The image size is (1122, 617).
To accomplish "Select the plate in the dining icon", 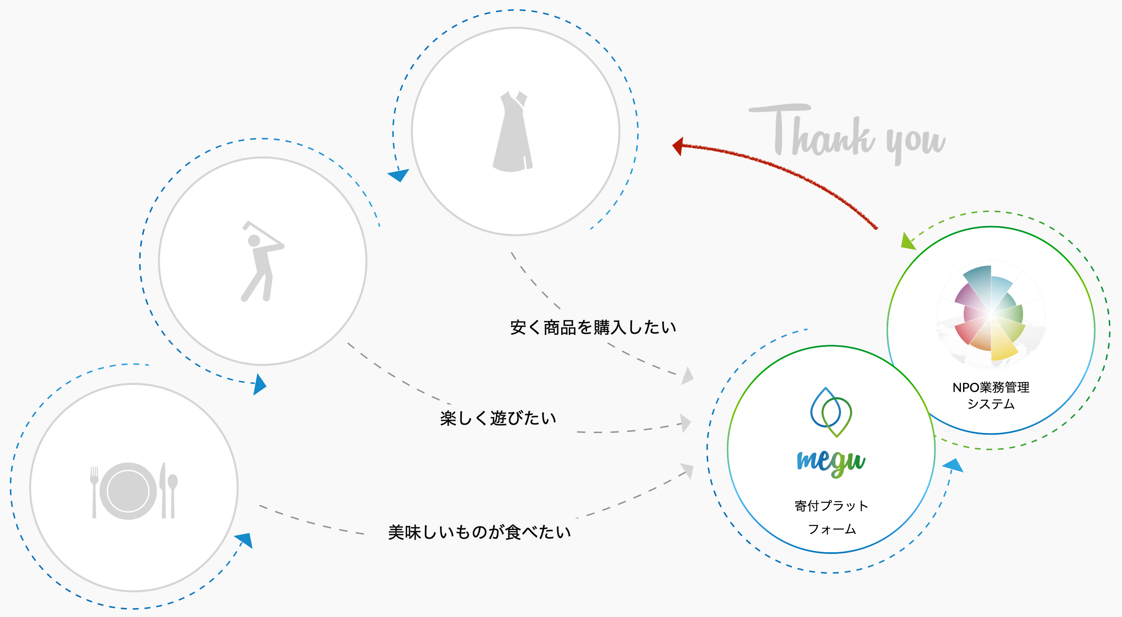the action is [128, 491].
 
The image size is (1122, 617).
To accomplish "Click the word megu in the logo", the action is [831, 462].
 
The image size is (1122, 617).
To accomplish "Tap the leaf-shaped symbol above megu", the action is [831, 412].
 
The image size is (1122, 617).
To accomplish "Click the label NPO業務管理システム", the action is [991, 395].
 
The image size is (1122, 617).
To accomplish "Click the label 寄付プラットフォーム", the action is [831, 517].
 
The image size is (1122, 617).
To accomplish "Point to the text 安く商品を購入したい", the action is [593, 327].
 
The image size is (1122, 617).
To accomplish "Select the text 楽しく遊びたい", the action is [498, 418].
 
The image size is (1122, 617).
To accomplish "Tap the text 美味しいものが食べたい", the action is [479, 532].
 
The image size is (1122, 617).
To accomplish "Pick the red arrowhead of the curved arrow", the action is [678, 146].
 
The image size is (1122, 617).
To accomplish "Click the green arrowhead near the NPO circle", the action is [907, 242].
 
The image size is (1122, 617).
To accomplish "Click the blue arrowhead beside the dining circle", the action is [245, 540].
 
